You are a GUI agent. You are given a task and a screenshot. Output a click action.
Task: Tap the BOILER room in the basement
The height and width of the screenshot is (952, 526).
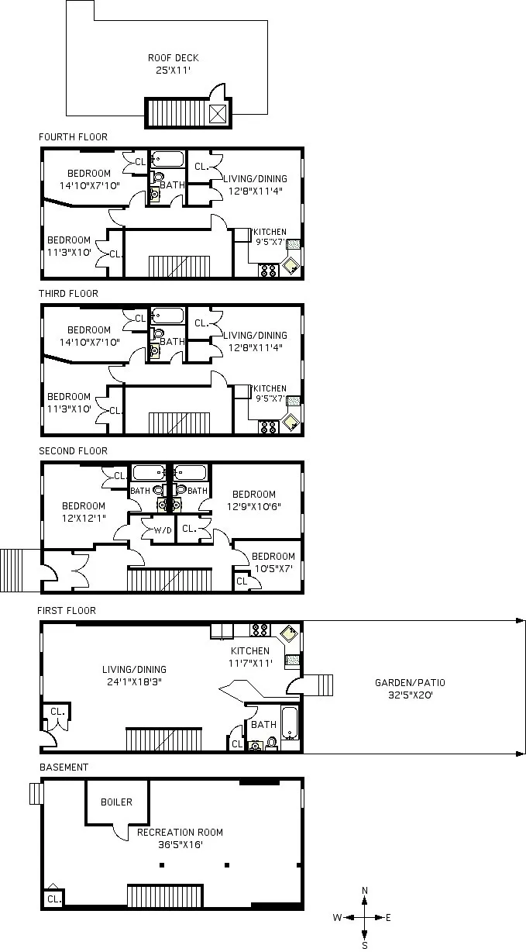pos(116,802)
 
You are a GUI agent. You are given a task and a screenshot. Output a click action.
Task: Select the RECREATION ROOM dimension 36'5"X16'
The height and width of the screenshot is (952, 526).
pos(180,845)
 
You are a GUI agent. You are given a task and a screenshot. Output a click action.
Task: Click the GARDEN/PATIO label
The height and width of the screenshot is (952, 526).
pos(410,682)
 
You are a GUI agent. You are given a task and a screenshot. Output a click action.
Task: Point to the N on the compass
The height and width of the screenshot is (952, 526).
pos(365,891)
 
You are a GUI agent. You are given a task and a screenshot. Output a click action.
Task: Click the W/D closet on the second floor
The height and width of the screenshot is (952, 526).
pos(163,530)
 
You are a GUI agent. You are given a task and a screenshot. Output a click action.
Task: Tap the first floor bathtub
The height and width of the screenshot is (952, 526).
pos(290,723)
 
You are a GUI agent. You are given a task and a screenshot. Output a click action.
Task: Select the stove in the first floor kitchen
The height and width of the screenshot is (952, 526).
pos(260,629)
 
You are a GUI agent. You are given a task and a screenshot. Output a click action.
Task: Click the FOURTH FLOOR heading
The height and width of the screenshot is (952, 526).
pos(74,137)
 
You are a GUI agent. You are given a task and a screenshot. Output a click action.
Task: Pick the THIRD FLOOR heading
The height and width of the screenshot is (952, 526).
pos(69,294)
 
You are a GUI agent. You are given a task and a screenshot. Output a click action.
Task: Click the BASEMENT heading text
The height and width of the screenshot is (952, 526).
pos(64,767)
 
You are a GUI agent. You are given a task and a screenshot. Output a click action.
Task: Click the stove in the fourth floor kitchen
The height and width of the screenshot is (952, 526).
pos(269,271)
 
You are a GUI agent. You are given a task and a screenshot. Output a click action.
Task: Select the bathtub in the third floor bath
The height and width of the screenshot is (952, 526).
pos(167,316)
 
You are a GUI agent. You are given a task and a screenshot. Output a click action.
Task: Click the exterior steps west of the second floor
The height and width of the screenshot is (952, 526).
pos(14,570)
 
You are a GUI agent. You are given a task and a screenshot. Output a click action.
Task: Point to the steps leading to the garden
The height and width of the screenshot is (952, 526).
pos(321,685)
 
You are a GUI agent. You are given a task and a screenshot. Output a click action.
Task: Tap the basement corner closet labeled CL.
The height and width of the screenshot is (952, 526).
pos(53,899)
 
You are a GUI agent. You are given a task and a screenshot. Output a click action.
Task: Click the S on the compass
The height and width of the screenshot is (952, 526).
pos(364,945)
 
